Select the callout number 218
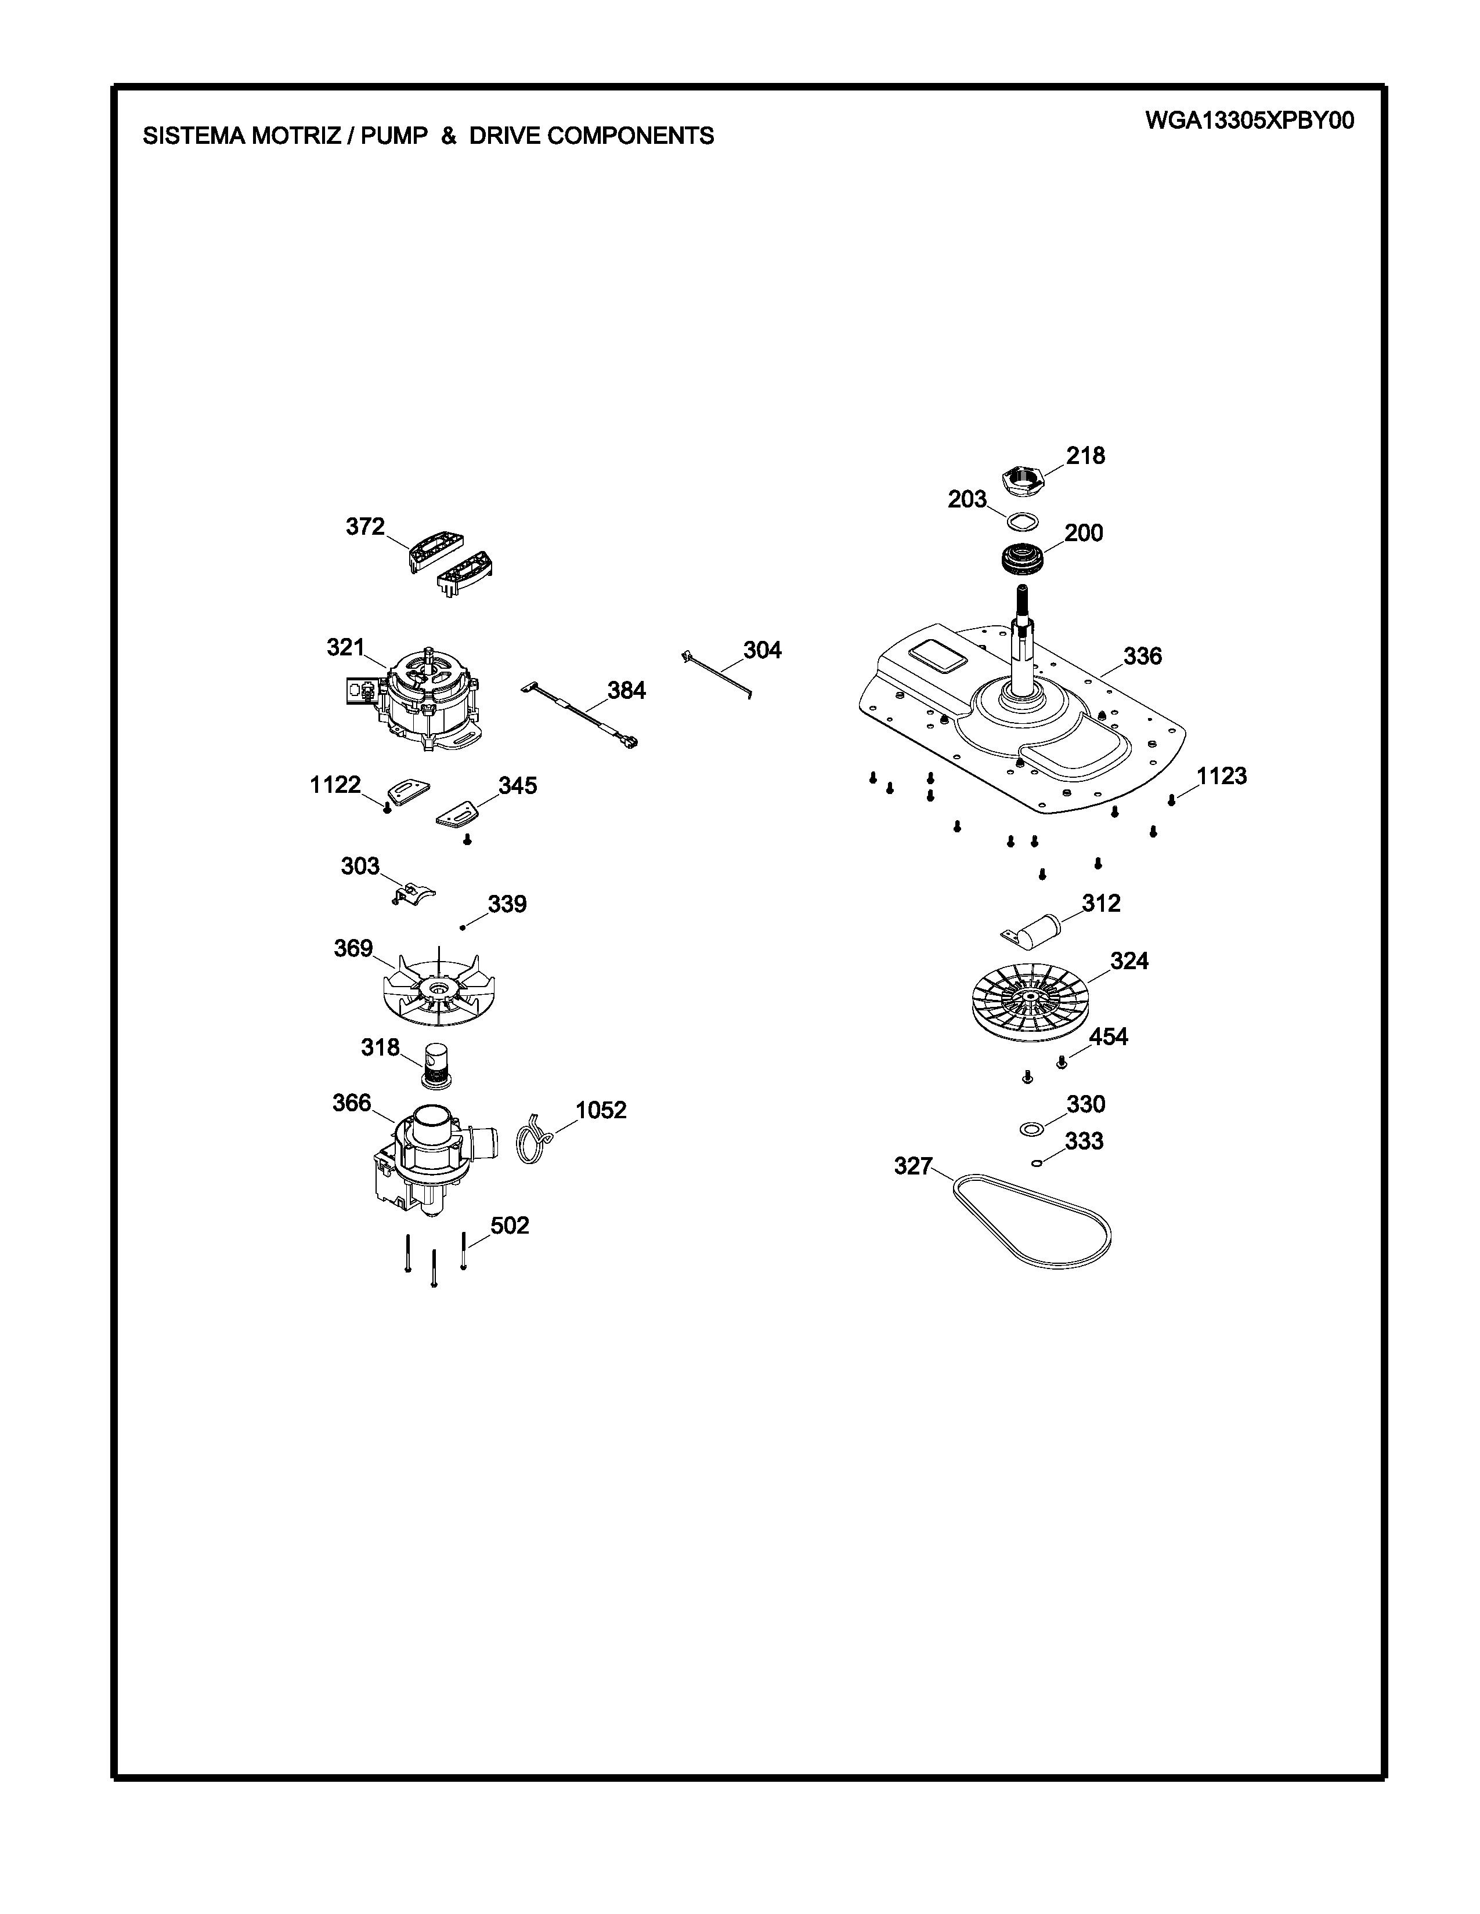[1085, 456]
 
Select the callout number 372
[364, 527]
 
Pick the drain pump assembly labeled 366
[427, 1161]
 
